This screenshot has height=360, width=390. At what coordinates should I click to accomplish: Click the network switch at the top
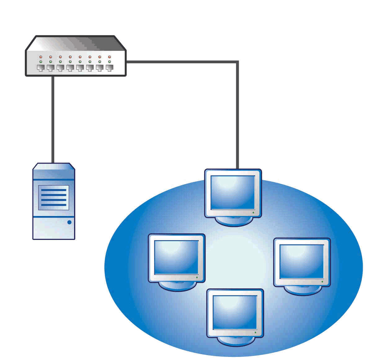tap(76, 56)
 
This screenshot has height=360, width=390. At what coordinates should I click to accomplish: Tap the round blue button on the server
tap(69, 222)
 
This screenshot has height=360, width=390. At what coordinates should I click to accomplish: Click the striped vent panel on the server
tap(54, 197)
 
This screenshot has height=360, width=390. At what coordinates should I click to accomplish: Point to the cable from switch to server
tap(53, 119)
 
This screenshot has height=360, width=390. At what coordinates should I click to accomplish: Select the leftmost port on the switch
tap(41, 68)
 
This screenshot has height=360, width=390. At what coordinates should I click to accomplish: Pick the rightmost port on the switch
tap(109, 68)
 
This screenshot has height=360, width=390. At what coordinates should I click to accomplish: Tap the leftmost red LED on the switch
tap(41, 57)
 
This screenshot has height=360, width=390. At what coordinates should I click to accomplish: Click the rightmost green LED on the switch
tap(109, 62)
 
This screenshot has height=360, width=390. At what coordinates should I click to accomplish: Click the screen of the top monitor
tap(233, 192)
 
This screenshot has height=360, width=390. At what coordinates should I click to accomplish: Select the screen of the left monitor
tap(176, 257)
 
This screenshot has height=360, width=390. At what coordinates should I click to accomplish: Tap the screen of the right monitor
tap(302, 261)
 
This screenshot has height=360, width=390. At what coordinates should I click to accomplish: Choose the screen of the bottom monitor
tap(235, 312)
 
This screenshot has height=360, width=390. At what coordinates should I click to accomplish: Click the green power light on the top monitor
tap(253, 213)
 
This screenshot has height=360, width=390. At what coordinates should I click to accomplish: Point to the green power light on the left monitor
tap(197, 277)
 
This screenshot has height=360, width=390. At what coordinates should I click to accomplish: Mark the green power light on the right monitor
tap(322, 281)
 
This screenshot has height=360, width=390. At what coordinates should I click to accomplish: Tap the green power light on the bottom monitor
tap(255, 332)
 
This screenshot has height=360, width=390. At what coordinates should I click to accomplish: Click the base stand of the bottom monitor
tap(235, 342)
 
